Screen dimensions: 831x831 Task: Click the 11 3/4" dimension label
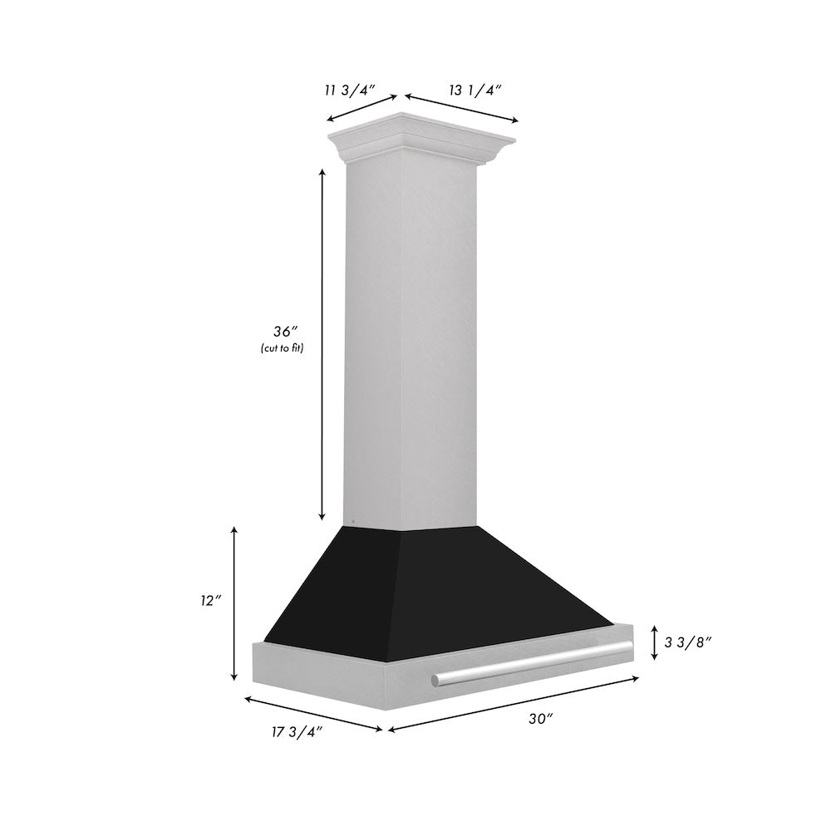tap(352, 90)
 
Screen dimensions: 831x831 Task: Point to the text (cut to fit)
tap(281, 348)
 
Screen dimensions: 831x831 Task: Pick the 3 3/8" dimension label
tap(689, 642)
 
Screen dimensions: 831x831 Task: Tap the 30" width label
tap(540, 720)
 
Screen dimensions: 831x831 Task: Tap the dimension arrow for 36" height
tap(322, 344)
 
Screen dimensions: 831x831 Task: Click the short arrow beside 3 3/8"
tap(655, 642)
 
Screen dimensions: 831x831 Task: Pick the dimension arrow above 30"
tap(514, 705)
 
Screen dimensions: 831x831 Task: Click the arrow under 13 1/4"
tap(461, 109)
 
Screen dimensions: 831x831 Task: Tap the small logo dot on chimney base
tap(353, 523)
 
